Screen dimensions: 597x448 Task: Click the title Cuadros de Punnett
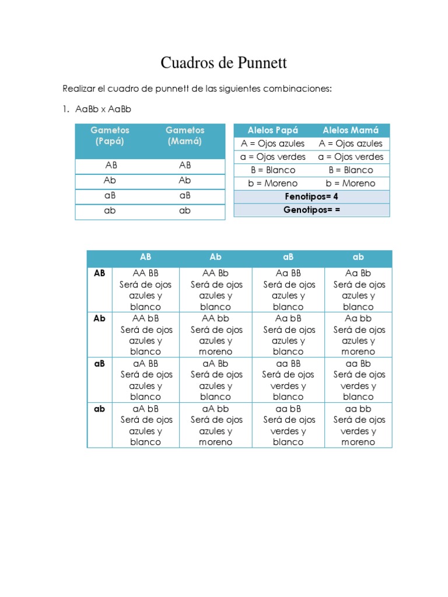click(x=223, y=63)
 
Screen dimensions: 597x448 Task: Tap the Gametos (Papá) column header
click(x=110, y=136)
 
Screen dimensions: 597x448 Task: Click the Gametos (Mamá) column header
click(x=185, y=136)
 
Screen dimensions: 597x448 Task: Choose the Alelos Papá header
click(x=272, y=131)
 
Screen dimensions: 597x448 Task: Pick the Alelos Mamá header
click(x=351, y=131)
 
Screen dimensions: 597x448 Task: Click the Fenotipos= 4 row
click(x=311, y=196)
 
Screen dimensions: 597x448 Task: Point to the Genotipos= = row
click(x=311, y=210)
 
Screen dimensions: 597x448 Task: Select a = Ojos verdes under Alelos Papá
click(x=272, y=157)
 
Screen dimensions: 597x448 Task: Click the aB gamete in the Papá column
click(x=110, y=196)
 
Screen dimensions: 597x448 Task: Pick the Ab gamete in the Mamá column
click(x=185, y=181)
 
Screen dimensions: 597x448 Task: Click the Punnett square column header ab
click(x=358, y=257)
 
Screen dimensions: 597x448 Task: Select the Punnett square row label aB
click(x=100, y=363)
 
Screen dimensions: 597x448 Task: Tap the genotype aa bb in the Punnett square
click(x=358, y=409)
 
